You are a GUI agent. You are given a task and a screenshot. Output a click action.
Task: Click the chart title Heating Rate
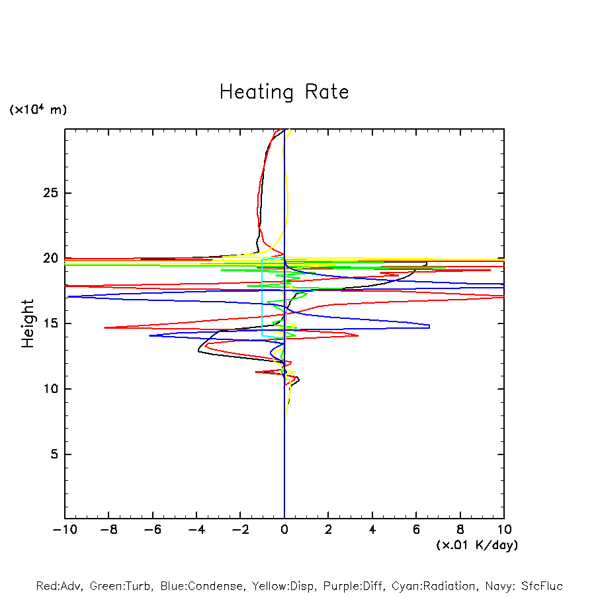(x=284, y=92)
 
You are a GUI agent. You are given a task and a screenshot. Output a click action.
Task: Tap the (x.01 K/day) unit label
(x=477, y=544)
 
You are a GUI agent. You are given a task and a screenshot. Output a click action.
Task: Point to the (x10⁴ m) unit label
(x=38, y=110)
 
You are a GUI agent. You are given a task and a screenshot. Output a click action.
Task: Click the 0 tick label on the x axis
(x=284, y=529)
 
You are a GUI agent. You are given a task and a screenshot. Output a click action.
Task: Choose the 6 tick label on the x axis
(x=416, y=529)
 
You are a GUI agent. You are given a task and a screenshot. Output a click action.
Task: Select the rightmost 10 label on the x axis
(x=504, y=529)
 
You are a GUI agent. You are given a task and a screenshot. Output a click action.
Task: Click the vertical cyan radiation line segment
(x=263, y=298)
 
